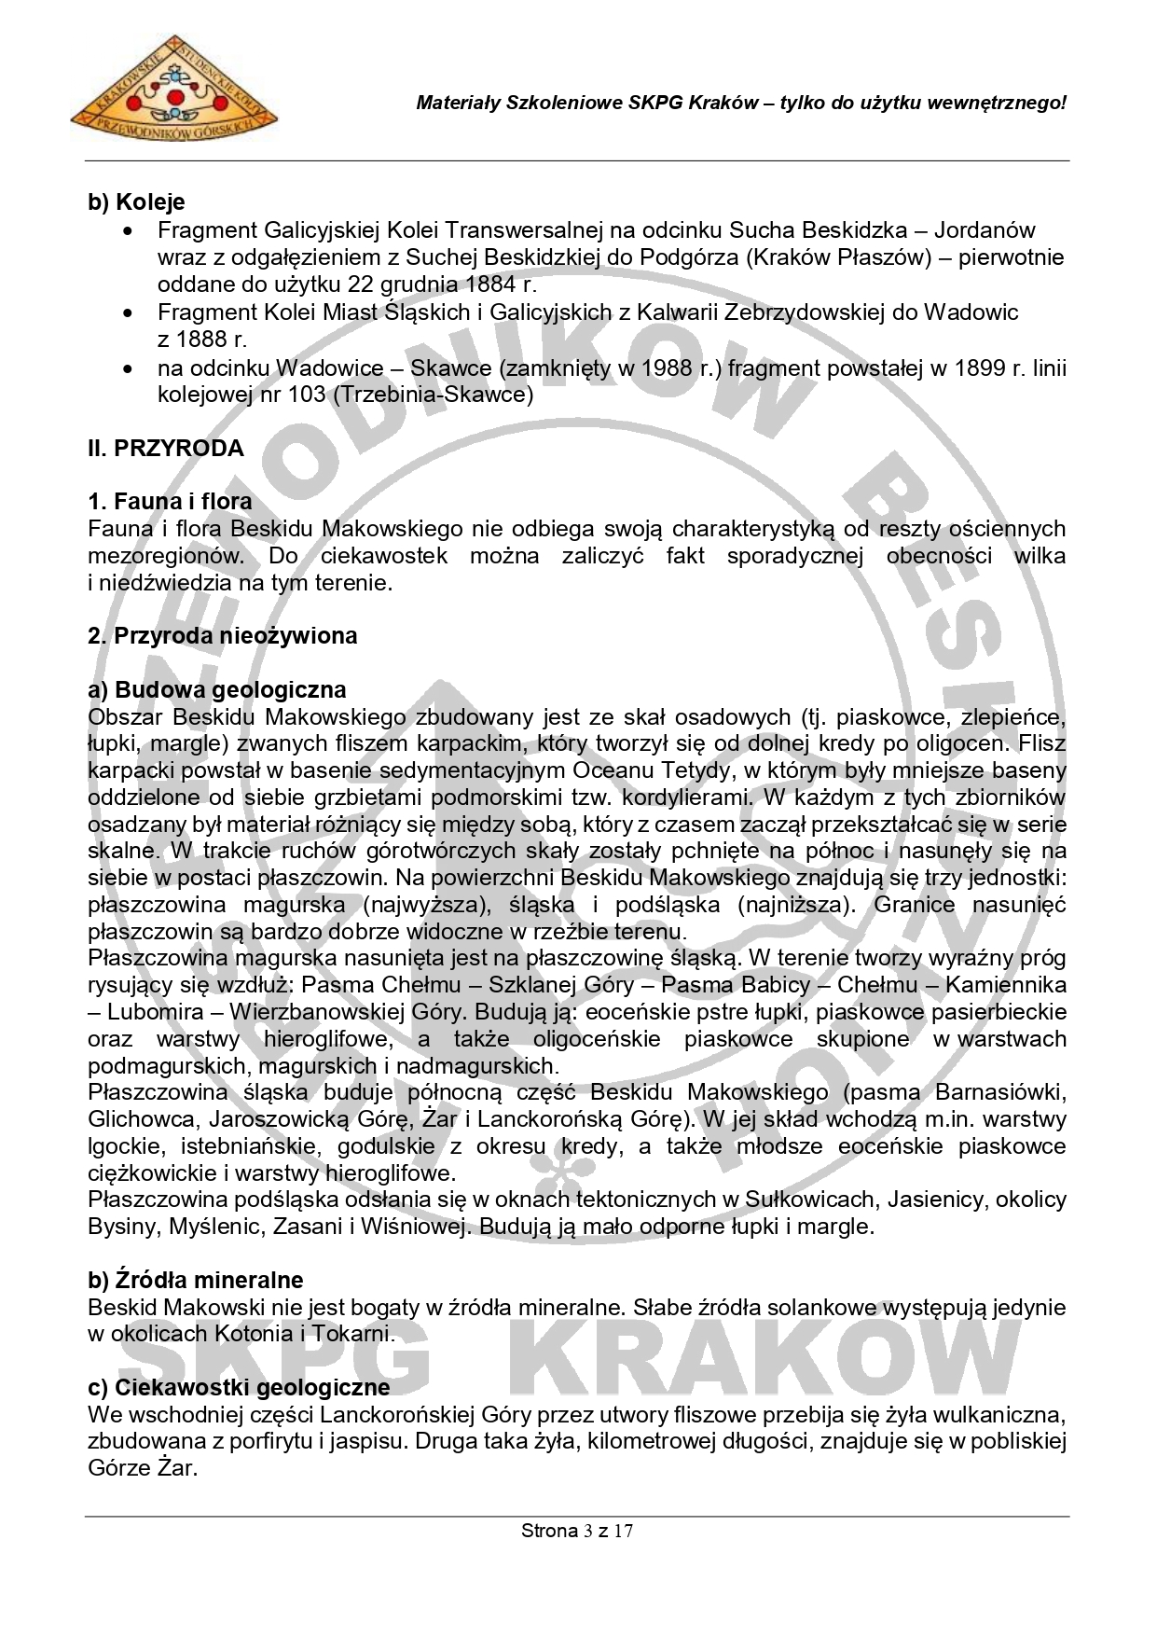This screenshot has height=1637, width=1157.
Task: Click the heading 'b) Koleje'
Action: (136, 201)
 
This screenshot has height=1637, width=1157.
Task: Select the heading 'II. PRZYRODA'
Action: (166, 449)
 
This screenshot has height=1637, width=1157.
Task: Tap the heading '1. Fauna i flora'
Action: (170, 502)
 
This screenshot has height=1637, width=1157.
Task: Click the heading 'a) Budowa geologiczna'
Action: (216, 690)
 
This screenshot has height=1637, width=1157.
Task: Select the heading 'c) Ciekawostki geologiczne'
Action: (239, 1387)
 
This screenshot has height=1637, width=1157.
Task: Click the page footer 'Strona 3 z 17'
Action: (577, 1531)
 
